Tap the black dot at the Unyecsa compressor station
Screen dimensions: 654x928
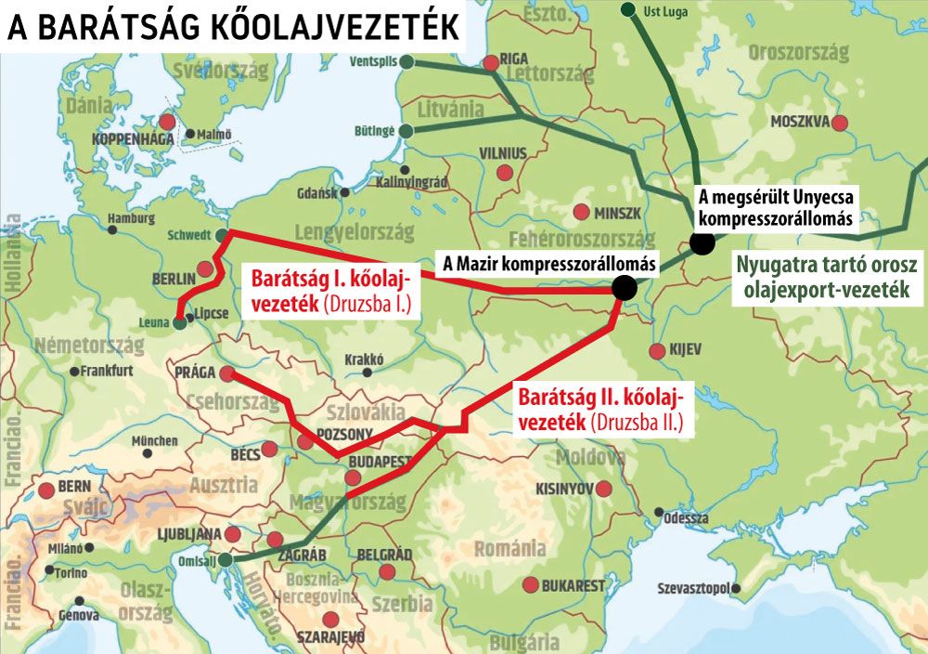pos(702,243)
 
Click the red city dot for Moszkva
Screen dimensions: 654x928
pos(840,123)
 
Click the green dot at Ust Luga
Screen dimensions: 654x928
pos(628,9)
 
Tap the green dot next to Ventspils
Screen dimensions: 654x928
pos(406,61)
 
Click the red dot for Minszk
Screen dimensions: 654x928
pos(582,212)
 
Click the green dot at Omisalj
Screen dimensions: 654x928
pos(226,559)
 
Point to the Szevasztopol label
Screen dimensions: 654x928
pos(693,588)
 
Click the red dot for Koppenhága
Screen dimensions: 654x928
pos(167,122)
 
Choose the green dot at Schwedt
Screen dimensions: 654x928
pos(220,236)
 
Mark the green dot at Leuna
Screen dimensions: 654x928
pos(179,323)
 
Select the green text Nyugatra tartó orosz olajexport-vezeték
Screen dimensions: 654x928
pos(831,277)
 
